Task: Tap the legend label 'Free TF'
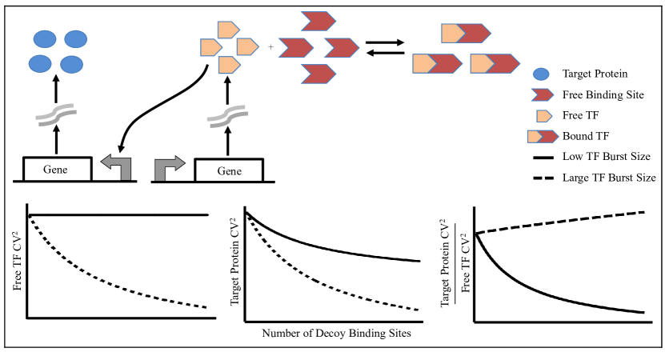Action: (581, 115)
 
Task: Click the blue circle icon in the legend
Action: (540, 74)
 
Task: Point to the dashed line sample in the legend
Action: (541, 178)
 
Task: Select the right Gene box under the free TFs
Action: (229, 170)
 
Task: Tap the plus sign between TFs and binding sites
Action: (270, 48)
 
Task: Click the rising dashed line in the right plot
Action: (560, 220)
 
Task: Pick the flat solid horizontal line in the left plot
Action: (120, 214)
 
